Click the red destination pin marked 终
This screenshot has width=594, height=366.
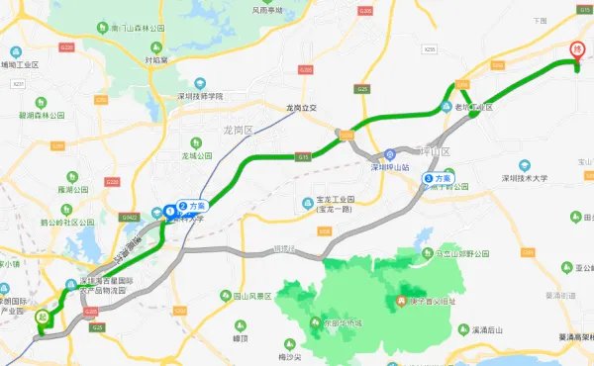[577, 49]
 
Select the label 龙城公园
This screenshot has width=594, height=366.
[197, 155]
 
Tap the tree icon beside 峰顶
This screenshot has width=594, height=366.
[240, 324]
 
